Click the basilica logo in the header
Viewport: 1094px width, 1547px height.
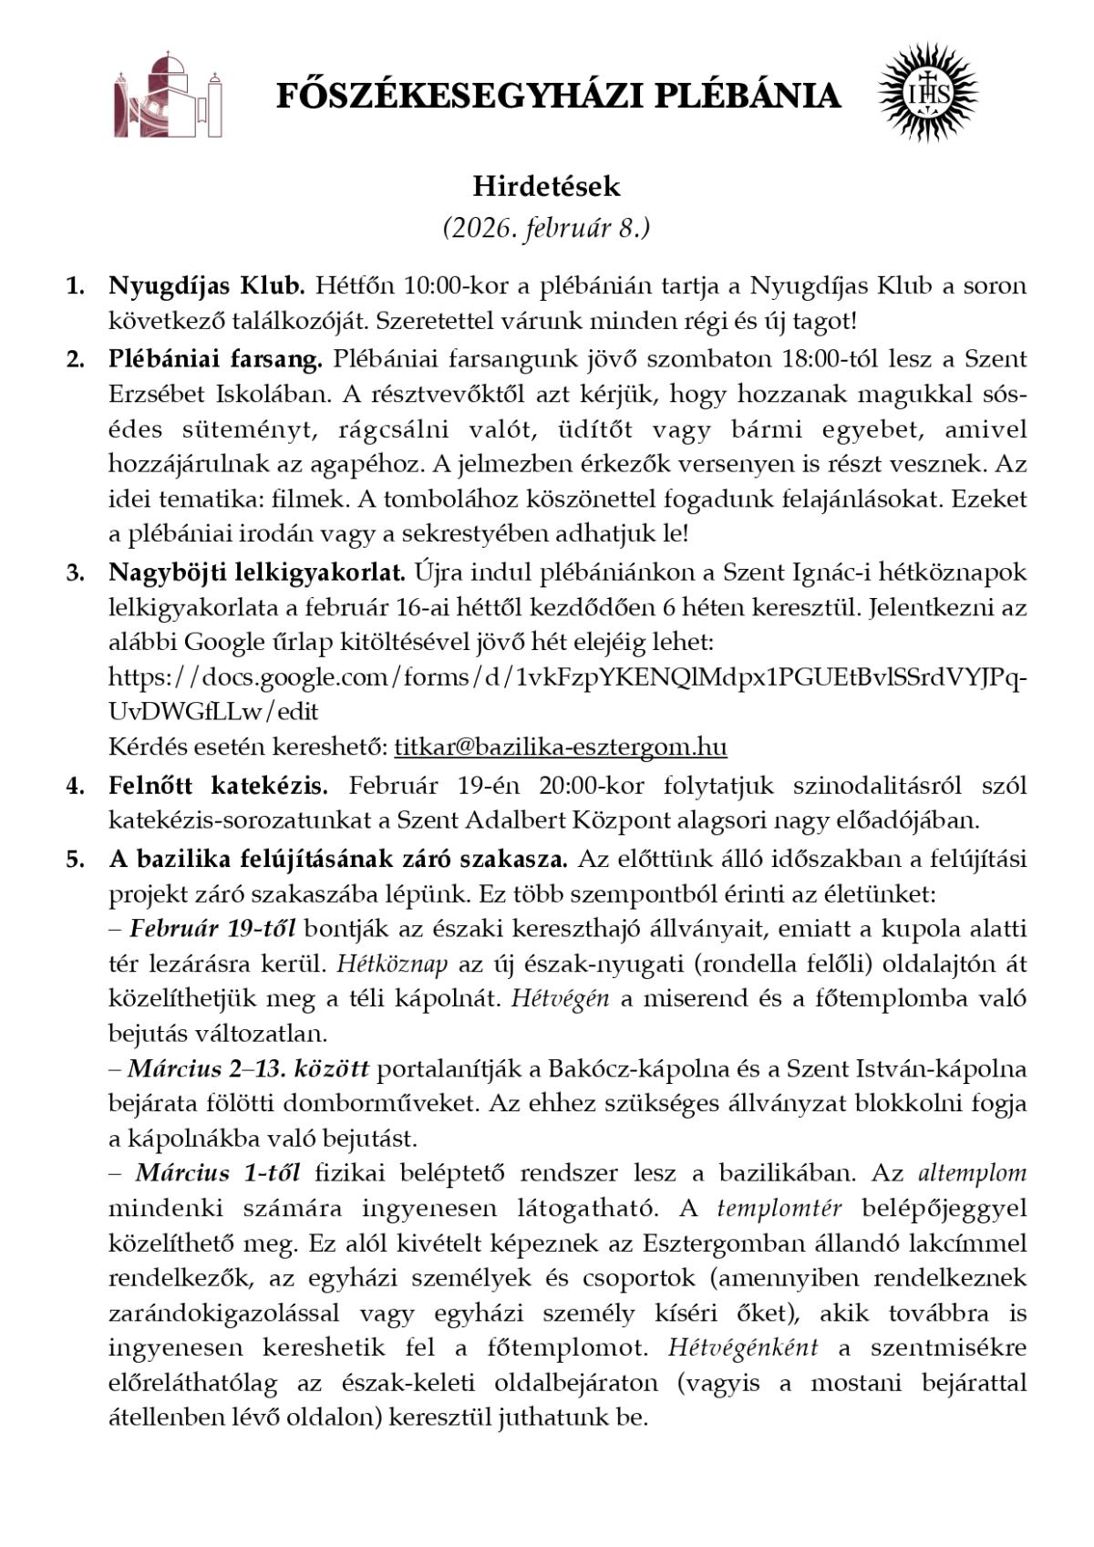click(169, 95)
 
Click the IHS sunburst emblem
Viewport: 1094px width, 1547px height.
click(927, 93)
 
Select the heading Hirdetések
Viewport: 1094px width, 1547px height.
click(546, 186)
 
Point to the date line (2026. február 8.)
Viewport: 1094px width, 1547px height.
click(546, 227)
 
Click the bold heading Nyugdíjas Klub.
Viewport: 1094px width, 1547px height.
click(206, 285)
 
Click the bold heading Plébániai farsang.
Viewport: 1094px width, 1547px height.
click(215, 358)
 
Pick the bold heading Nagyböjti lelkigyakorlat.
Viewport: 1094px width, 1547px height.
click(256, 572)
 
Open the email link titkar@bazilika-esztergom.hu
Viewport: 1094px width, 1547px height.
click(560, 747)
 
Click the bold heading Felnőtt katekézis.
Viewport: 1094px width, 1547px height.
click(218, 785)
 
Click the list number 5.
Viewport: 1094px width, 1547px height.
click(75, 859)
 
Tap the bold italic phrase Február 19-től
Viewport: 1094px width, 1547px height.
click(212, 929)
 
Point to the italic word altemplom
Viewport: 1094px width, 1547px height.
click(972, 1173)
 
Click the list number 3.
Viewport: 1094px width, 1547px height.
click(75, 572)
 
